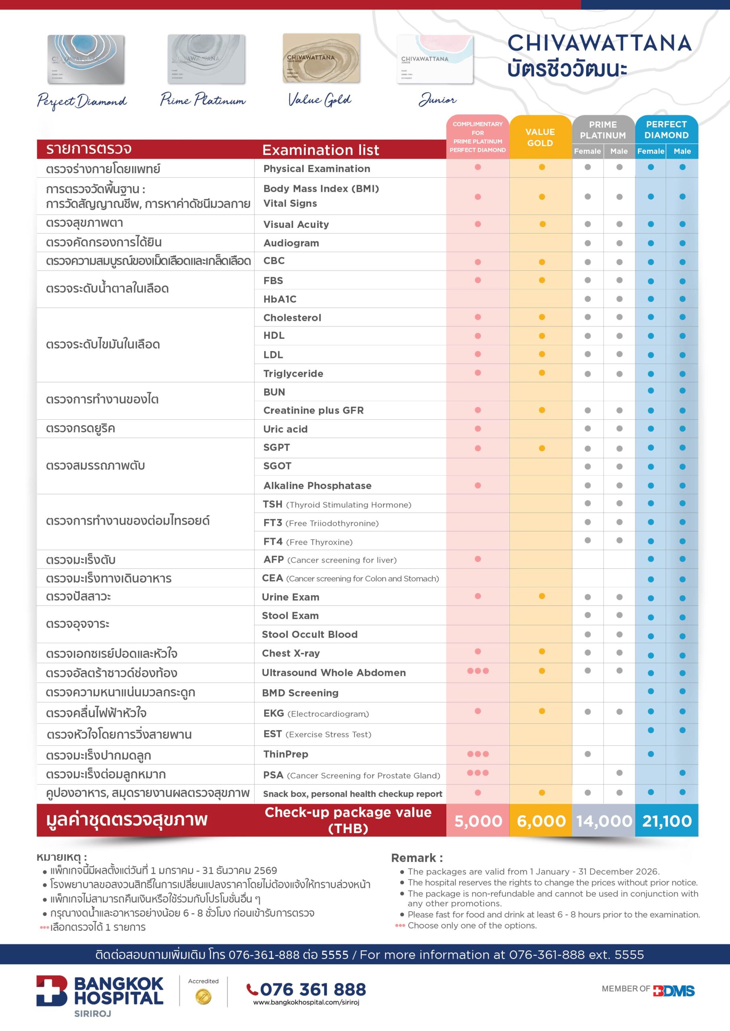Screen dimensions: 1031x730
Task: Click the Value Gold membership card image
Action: (x=321, y=58)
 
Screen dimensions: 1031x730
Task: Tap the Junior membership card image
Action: (x=435, y=60)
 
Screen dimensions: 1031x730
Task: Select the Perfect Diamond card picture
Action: (x=86, y=60)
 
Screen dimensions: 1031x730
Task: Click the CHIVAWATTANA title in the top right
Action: (x=599, y=43)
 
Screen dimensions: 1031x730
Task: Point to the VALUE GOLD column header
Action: (x=540, y=137)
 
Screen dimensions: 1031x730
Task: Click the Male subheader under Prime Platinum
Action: (x=618, y=151)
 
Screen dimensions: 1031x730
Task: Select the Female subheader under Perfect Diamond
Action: (x=651, y=151)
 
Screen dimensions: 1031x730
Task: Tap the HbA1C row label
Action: (x=280, y=299)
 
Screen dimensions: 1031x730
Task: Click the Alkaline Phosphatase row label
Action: (x=317, y=486)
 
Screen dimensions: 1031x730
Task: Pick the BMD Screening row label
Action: (x=300, y=693)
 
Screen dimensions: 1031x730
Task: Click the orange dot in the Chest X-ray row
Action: (x=541, y=651)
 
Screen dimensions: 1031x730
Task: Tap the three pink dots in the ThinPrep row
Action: (x=478, y=754)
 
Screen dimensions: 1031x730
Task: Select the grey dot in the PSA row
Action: (x=620, y=773)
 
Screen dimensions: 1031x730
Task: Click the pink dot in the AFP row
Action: (x=478, y=559)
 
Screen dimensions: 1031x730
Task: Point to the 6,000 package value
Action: (x=541, y=821)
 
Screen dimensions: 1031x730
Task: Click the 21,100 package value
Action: (x=667, y=821)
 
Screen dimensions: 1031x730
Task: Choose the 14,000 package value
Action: (x=603, y=821)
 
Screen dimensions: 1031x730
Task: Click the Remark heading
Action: (x=417, y=858)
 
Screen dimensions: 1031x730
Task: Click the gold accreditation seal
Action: (x=203, y=997)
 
